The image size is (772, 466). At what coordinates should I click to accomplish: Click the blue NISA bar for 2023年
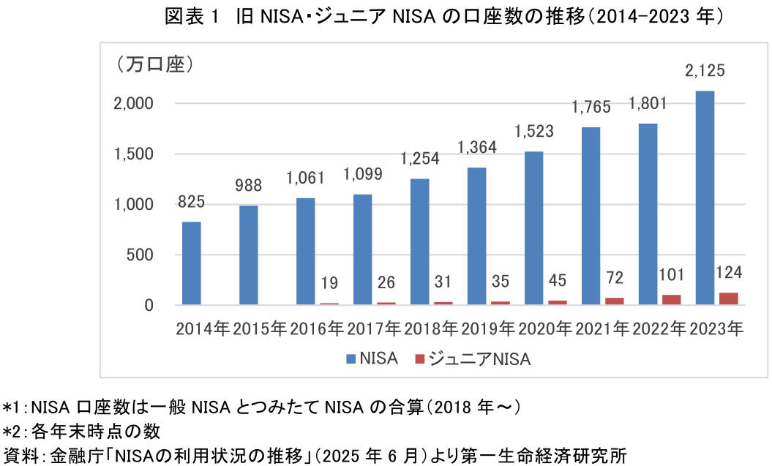[x=705, y=198]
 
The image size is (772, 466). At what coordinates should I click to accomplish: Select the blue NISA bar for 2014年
[x=192, y=263]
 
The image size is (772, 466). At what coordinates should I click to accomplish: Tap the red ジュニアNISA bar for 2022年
[x=671, y=299]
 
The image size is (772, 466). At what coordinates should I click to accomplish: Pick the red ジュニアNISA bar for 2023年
[x=728, y=298]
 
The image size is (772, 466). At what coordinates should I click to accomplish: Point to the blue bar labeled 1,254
[x=420, y=241]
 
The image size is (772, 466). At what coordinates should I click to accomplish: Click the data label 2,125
[x=705, y=72]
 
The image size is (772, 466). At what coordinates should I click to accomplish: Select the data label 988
[x=249, y=185]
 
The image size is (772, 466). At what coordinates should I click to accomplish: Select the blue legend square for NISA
[x=351, y=359]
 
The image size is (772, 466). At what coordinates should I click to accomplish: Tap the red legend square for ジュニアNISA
[x=419, y=359]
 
